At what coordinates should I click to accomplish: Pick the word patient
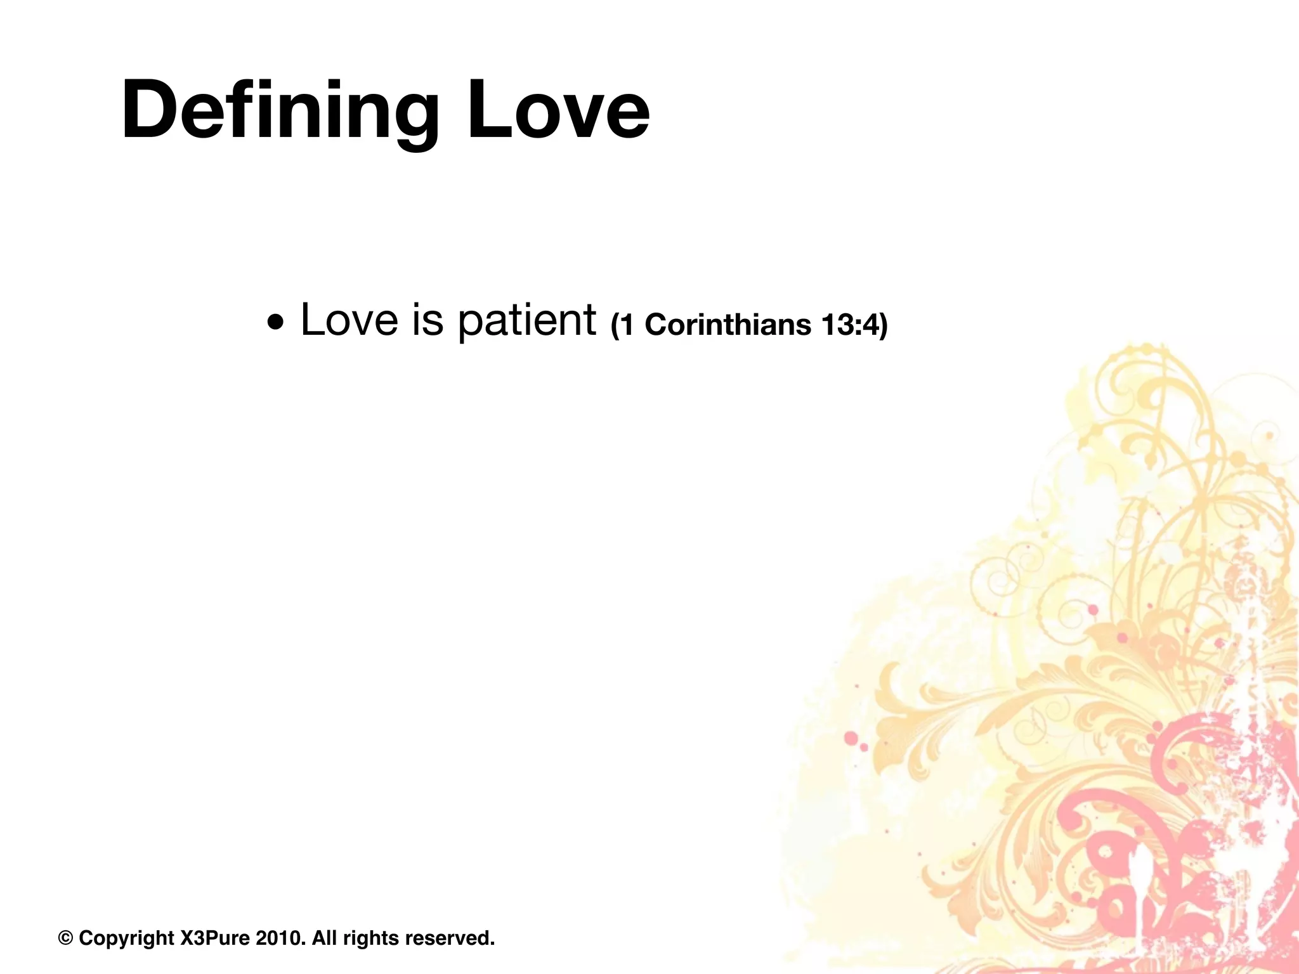[x=526, y=321]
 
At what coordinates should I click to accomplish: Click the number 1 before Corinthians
[x=627, y=325]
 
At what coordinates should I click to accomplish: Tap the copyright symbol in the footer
[x=65, y=938]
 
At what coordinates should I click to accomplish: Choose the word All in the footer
[x=324, y=938]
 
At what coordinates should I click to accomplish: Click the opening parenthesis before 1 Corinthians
[x=615, y=325]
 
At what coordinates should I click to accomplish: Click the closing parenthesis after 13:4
[x=884, y=325]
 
